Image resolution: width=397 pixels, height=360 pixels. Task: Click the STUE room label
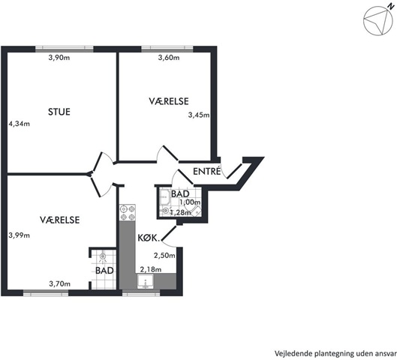(x=59, y=112)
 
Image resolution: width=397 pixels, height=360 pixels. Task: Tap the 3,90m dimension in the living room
(x=59, y=58)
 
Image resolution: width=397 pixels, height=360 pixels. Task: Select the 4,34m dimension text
(x=20, y=124)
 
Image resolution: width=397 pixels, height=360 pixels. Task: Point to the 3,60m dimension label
(x=169, y=58)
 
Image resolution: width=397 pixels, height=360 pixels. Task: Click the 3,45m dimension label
(x=199, y=115)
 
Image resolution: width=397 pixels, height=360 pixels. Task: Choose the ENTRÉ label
(x=207, y=171)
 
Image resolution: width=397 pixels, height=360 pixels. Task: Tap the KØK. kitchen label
(x=149, y=238)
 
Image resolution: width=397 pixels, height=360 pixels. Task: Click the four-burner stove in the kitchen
(x=128, y=213)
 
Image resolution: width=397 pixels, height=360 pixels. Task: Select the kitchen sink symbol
(x=146, y=281)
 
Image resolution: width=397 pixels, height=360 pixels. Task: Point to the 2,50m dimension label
(x=164, y=256)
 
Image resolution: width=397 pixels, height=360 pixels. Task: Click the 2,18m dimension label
(x=151, y=270)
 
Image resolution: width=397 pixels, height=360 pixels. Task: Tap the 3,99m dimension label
(x=20, y=235)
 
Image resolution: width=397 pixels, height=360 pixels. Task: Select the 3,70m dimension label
(x=60, y=284)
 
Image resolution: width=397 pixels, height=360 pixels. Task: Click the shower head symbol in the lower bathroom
(x=103, y=256)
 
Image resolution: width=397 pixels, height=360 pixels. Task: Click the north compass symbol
(x=377, y=21)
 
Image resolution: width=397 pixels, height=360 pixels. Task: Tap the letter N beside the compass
(x=392, y=7)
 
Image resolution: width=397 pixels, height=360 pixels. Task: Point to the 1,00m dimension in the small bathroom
(x=190, y=202)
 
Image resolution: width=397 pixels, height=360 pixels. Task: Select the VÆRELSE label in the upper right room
(x=169, y=101)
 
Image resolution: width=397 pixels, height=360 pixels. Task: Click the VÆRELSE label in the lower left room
(x=60, y=220)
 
